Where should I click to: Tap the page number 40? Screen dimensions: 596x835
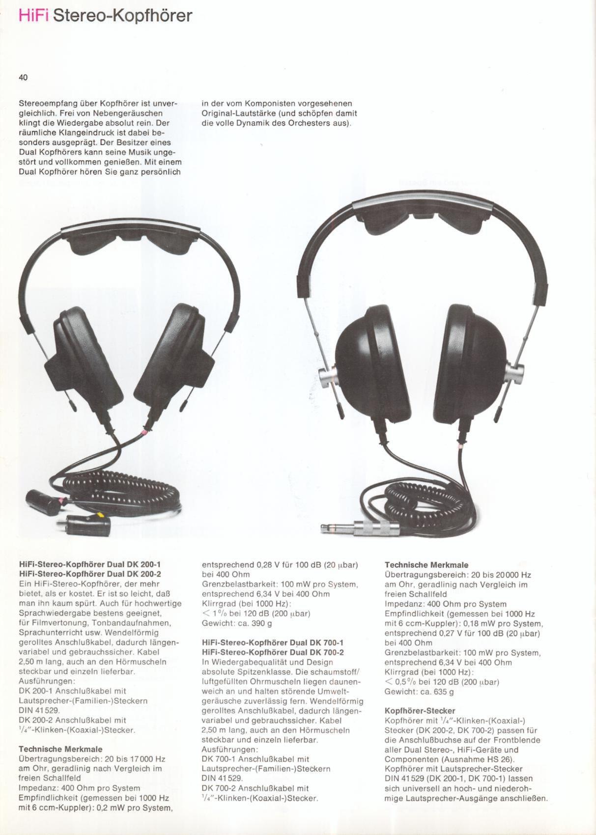click(x=23, y=77)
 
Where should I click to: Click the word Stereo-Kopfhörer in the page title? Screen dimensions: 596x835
click(x=122, y=16)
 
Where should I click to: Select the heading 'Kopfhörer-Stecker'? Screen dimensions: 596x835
click(x=420, y=711)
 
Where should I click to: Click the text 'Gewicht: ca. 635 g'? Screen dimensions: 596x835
click(x=419, y=692)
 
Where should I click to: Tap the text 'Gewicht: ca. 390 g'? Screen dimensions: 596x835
click(x=237, y=623)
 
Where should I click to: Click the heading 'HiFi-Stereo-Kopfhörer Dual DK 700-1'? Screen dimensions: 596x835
click(x=273, y=642)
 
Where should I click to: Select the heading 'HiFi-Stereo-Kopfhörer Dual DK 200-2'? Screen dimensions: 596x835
click(x=90, y=574)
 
